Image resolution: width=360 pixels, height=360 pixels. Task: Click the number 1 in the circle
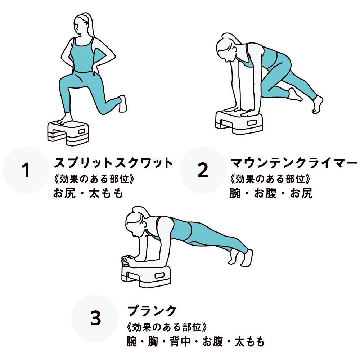(x=26, y=170)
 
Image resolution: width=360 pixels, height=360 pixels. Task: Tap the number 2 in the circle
(x=203, y=170)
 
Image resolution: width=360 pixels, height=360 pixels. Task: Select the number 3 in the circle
(x=95, y=318)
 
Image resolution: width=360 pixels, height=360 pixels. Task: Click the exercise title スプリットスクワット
(x=113, y=163)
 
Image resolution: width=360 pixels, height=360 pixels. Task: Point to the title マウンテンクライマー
(x=294, y=163)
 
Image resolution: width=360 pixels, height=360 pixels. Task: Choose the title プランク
(x=152, y=311)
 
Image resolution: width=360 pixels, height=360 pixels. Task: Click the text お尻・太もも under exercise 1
(x=88, y=193)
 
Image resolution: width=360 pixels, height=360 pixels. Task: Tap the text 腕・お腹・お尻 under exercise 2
(x=271, y=193)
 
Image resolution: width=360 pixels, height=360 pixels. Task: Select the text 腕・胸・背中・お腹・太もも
(x=195, y=341)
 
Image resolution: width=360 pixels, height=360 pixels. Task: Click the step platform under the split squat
(x=68, y=133)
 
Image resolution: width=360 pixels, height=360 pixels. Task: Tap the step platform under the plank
(x=146, y=276)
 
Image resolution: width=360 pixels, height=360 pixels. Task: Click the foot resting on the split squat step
(x=65, y=120)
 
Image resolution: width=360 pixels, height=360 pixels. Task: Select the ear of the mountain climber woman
(x=234, y=49)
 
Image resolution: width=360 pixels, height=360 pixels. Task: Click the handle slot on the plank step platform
(x=159, y=275)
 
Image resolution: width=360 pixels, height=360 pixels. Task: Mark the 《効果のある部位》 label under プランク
(x=167, y=327)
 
